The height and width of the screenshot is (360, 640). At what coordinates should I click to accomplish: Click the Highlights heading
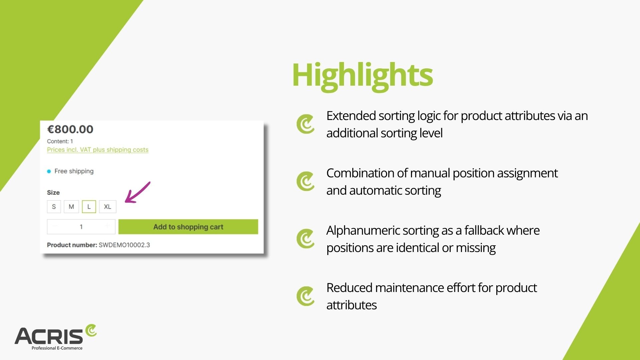362,75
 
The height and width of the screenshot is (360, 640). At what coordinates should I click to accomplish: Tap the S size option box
54,207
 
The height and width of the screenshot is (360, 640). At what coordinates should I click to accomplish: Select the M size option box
71,207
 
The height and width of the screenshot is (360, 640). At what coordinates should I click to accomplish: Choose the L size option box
89,207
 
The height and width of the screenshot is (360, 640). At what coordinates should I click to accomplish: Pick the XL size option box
107,207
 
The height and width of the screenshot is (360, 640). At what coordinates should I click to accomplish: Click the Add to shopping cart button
188,227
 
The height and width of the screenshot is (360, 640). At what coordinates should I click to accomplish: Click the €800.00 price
70,129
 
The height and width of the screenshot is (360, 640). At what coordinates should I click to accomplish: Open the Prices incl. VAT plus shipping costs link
98,150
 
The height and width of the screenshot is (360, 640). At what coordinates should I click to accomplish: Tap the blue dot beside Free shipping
49,171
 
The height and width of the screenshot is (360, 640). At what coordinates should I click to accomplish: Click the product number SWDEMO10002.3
124,245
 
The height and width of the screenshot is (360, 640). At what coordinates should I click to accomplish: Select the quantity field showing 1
81,227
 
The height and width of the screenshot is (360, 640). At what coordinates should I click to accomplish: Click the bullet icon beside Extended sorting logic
305,124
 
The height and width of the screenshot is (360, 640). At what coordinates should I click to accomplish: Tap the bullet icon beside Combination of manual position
305,181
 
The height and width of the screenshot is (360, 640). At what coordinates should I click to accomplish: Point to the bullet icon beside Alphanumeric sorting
305,239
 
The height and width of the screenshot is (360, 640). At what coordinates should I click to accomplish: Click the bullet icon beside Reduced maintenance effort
305,296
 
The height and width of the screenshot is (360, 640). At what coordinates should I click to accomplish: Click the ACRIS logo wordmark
49,336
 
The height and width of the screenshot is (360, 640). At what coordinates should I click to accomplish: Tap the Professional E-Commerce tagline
57,348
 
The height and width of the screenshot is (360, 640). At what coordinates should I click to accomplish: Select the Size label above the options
53,193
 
